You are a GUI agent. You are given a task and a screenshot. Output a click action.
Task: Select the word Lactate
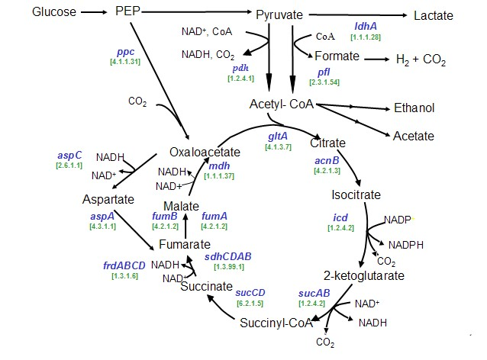433,15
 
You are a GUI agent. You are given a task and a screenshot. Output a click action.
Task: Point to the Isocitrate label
355,195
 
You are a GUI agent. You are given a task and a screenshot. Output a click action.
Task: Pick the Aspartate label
108,199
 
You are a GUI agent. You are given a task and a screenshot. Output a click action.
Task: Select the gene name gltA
277,137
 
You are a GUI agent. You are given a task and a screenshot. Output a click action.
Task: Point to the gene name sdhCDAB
229,257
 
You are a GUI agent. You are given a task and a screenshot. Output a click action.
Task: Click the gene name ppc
124,51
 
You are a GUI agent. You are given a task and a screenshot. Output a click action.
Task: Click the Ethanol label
414,108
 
